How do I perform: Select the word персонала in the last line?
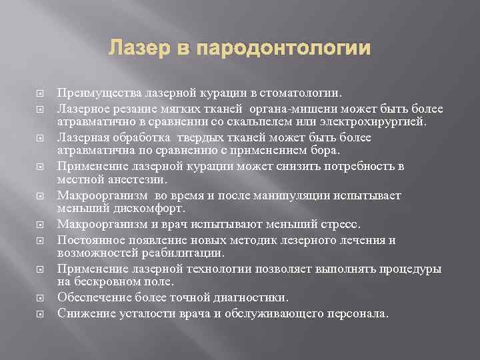click(357, 313)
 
